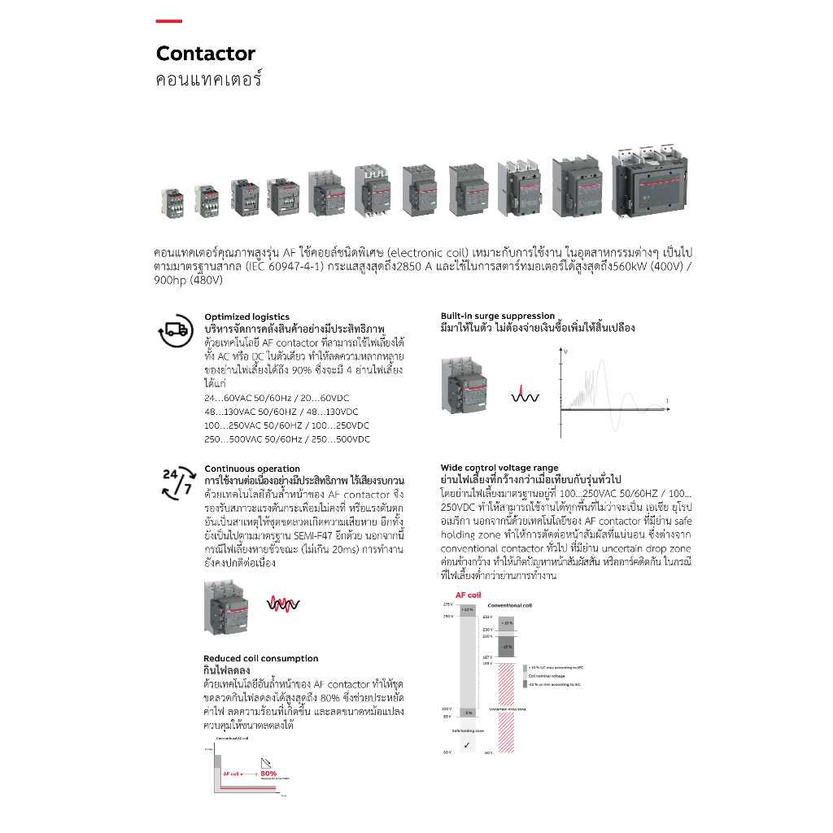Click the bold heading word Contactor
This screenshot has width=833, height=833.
(x=206, y=54)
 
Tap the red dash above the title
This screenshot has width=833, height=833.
(x=169, y=21)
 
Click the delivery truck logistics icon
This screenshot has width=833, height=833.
(x=176, y=331)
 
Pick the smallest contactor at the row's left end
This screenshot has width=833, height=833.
(x=173, y=199)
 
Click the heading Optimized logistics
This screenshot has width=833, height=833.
(x=246, y=317)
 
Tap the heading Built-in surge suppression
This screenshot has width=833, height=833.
(x=498, y=316)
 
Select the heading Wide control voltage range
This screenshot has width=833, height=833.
(x=499, y=468)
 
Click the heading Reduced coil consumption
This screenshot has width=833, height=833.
(x=260, y=658)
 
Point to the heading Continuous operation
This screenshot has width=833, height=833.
(x=252, y=469)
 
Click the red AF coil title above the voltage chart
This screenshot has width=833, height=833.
(x=468, y=595)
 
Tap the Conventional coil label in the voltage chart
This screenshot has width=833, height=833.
(x=509, y=606)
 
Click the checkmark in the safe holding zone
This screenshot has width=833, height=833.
(x=467, y=744)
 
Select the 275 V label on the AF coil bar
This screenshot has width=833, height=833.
(x=447, y=605)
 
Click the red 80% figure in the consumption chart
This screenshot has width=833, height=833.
(x=269, y=773)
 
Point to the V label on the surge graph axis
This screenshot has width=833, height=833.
(x=565, y=351)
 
